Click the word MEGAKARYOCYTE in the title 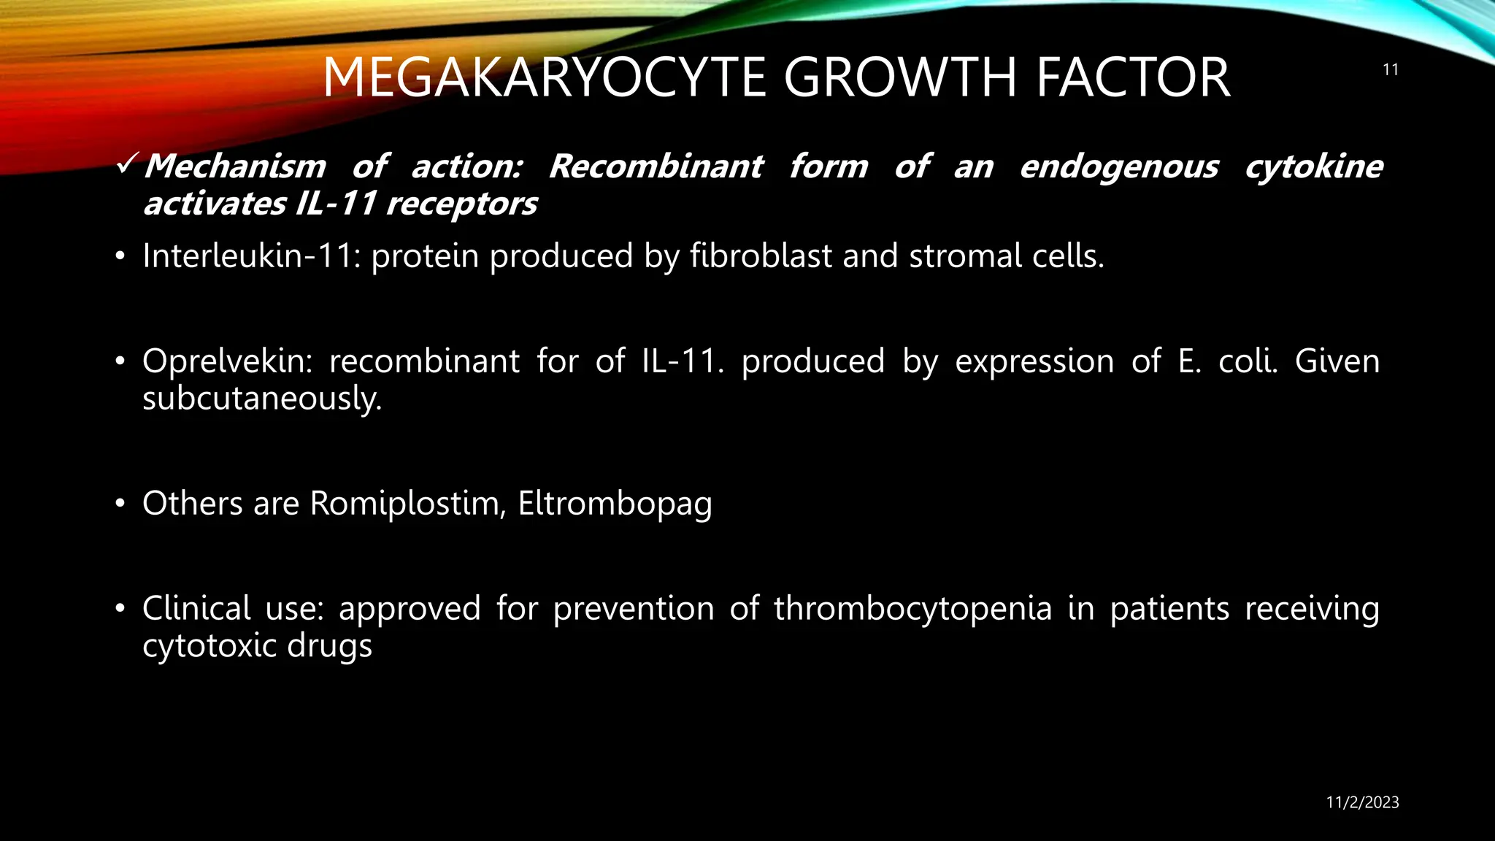click(x=544, y=77)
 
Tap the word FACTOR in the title click(x=1133, y=77)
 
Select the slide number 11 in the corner click(x=1390, y=70)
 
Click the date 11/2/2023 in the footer click(x=1362, y=802)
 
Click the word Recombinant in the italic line click(x=656, y=166)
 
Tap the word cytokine click(x=1313, y=166)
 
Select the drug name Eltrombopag click(x=615, y=504)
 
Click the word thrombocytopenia click(x=912, y=609)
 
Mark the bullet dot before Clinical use click(x=120, y=609)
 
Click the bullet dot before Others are click(x=120, y=504)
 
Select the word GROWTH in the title click(x=900, y=77)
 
